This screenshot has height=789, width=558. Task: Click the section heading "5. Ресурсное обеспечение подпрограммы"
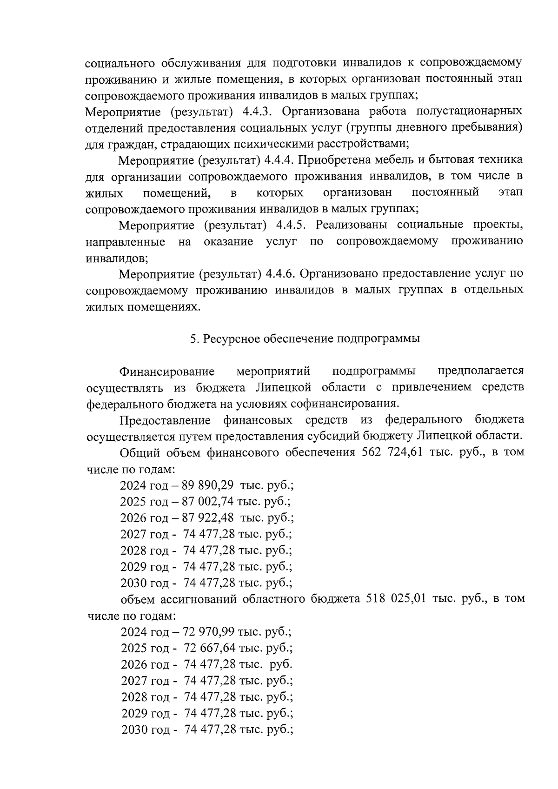(x=305, y=338)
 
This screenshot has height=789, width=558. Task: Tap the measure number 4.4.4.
(x=279, y=160)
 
